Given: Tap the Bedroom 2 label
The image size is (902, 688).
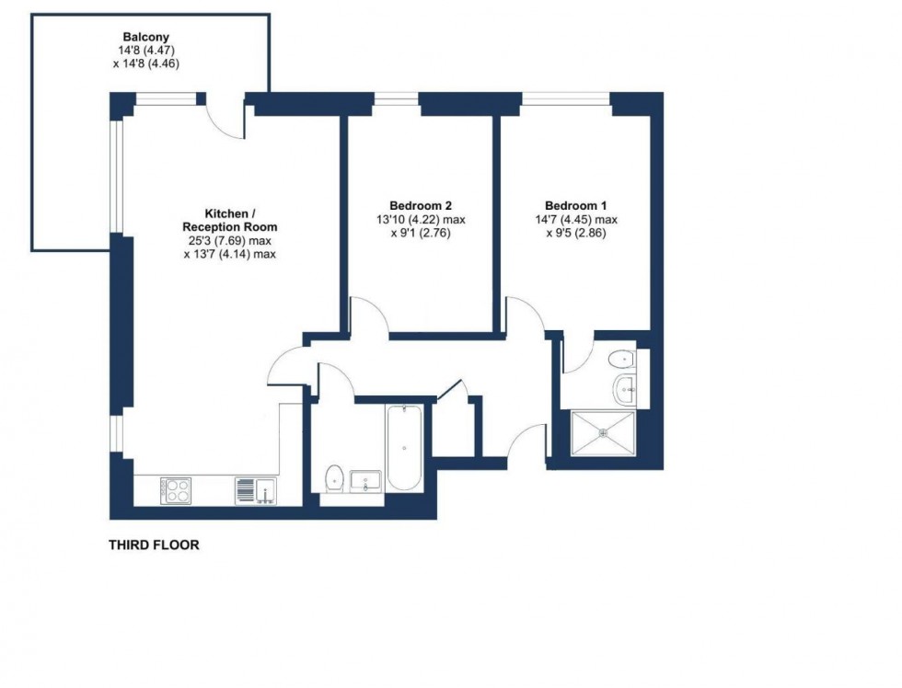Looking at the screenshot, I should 420,206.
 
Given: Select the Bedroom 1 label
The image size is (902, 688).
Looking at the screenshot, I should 575,206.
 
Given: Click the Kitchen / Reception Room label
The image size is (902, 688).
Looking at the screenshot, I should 230,220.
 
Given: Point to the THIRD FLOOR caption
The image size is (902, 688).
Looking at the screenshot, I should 154,545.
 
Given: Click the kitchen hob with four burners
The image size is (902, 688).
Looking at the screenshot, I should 175,490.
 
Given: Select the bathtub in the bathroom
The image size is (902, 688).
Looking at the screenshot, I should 404,449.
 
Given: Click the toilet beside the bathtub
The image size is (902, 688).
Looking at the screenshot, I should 334,478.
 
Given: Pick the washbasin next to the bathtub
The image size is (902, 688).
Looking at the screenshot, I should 366,480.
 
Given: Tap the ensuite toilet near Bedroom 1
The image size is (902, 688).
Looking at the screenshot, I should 625,360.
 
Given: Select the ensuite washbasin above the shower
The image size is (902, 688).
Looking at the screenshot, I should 627,389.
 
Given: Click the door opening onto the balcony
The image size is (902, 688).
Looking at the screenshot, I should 224,118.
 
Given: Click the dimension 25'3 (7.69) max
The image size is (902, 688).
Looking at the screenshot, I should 230,241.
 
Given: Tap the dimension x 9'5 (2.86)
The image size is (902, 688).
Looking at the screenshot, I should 575,234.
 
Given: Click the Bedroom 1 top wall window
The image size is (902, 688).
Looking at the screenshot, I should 566,97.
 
